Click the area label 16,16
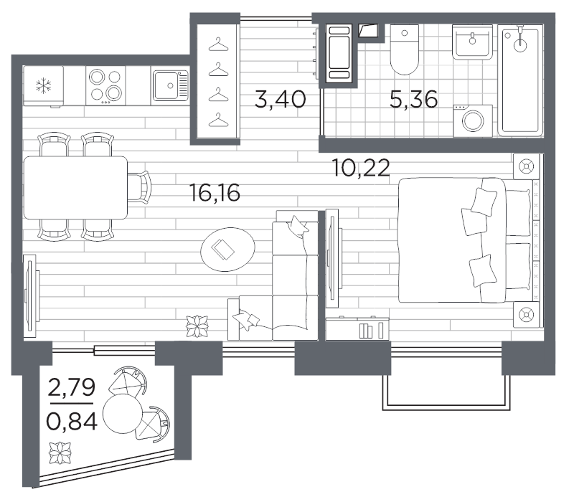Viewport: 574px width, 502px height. (x=215, y=193)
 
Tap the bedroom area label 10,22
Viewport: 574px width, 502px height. (x=361, y=168)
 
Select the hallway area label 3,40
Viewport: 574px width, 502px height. (x=280, y=99)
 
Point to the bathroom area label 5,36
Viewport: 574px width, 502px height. (x=414, y=99)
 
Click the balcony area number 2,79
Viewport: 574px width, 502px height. (x=71, y=387)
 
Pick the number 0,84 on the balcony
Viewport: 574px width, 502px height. (x=72, y=421)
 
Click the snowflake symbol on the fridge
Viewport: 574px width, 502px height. (x=43, y=85)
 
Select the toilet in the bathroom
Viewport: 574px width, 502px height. (x=405, y=49)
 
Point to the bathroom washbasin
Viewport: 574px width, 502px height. (x=472, y=42)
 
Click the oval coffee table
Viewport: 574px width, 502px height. (x=227, y=250)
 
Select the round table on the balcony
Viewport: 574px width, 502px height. (x=122, y=415)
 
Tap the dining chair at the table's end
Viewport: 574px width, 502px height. (x=140, y=187)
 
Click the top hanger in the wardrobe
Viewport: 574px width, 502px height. (x=219, y=44)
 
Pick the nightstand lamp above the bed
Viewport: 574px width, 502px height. (x=526, y=166)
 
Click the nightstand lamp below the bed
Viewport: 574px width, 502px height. (x=526, y=315)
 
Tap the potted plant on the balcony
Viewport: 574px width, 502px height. (x=60, y=453)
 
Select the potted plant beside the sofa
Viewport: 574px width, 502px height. (x=197, y=326)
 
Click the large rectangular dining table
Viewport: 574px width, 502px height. (x=76, y=188)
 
